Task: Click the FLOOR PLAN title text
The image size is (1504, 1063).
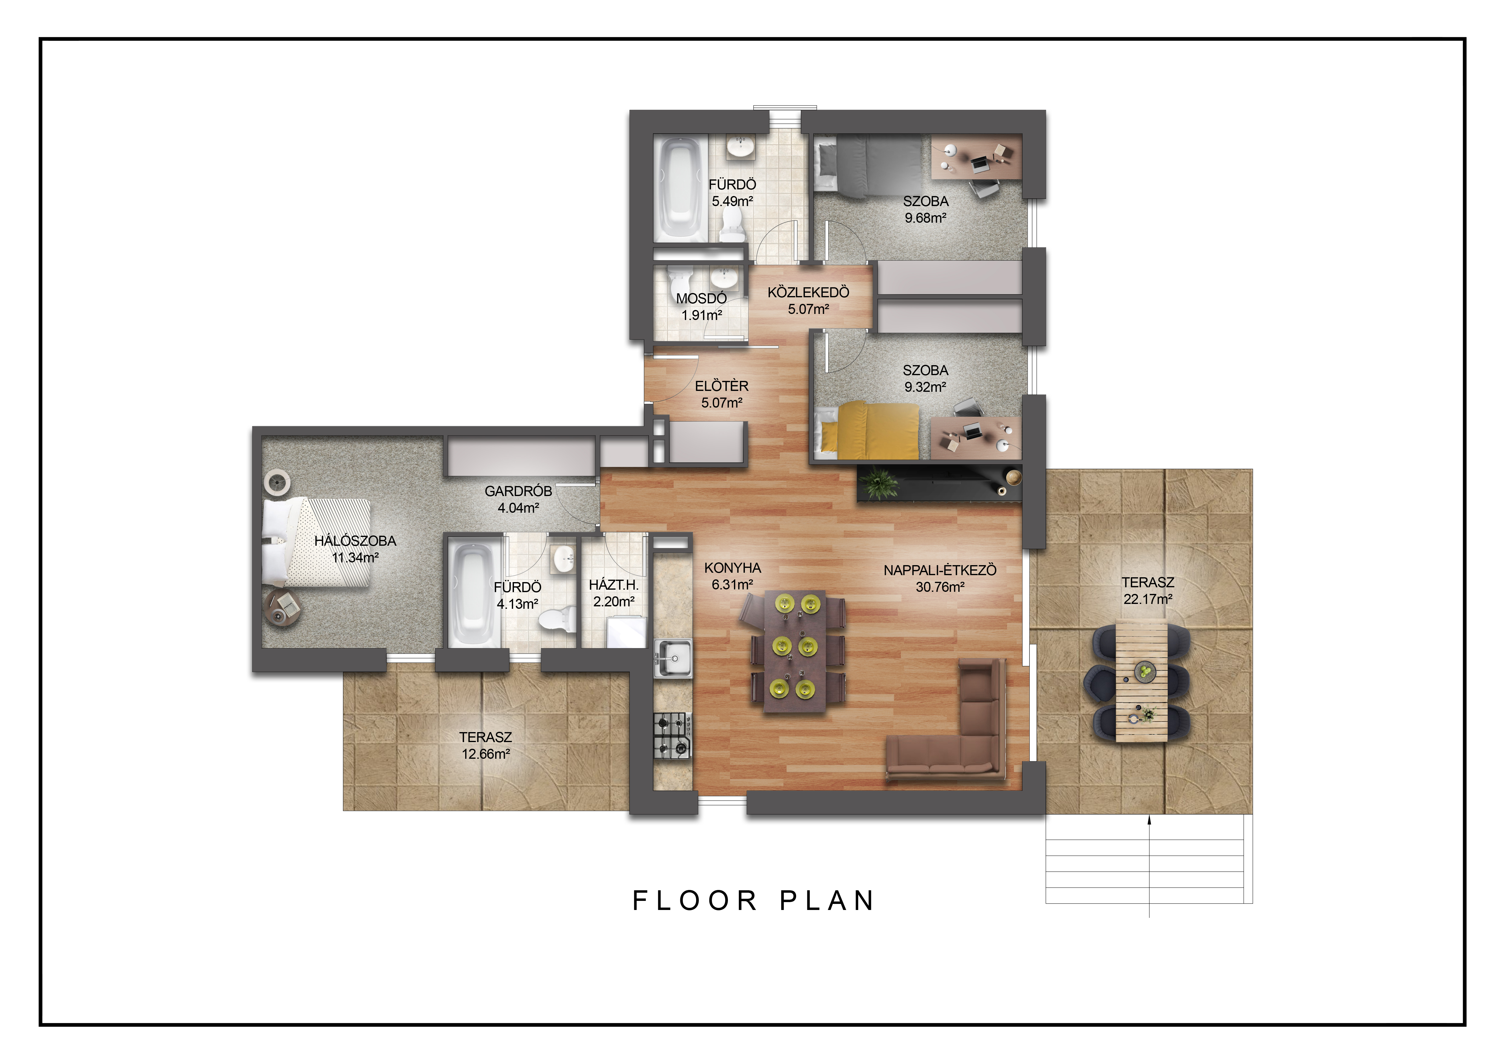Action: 753,901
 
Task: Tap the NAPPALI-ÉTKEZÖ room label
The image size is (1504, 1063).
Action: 940,570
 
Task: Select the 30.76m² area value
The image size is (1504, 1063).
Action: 940,587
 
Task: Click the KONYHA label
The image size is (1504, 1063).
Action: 732,568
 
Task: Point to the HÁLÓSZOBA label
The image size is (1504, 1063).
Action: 355,541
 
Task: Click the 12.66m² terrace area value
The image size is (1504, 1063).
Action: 485,754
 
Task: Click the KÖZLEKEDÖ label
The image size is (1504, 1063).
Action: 808,292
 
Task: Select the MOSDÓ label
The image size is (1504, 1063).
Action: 702,299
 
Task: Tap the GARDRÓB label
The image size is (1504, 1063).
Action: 518,491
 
